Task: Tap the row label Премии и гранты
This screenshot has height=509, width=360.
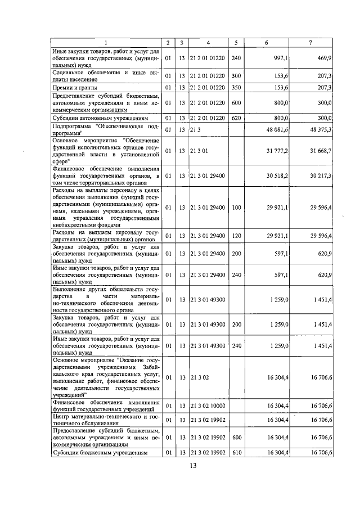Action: tap(75, 88)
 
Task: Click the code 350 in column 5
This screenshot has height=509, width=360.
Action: tap(236, 88)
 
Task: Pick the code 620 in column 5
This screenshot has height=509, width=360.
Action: tap(236, 119)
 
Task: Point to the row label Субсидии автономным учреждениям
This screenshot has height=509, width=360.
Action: tap(100, 119)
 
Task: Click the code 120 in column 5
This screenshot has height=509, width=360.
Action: tap(236, 236)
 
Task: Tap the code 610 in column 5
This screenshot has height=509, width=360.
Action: tap(236, 452)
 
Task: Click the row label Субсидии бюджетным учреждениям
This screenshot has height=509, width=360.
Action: tap(100, 452)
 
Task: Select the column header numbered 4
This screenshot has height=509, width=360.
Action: tap(208, 43)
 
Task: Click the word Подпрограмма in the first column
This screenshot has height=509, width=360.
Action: tap(74, 127)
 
